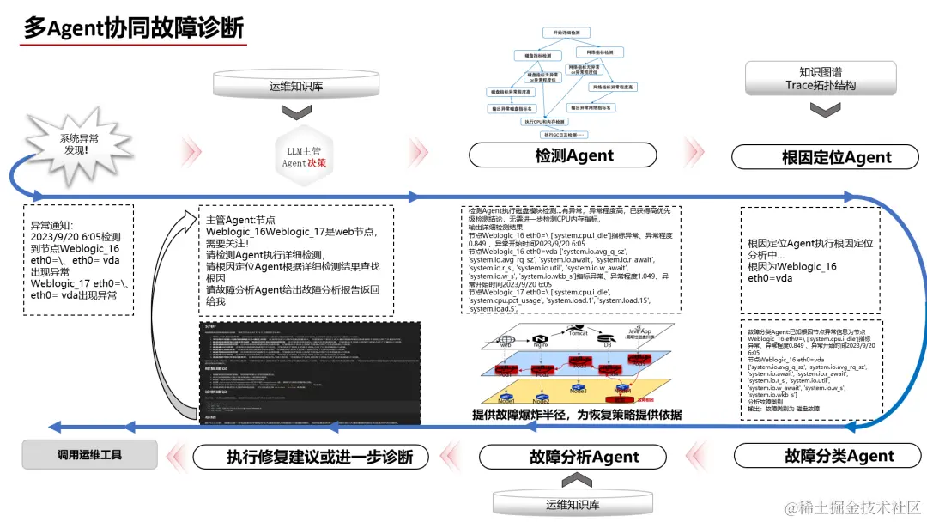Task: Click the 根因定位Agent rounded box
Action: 824,157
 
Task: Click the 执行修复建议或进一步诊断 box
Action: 319,457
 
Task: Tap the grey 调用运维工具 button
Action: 89,455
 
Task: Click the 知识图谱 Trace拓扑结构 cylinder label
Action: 820,79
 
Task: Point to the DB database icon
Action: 605,338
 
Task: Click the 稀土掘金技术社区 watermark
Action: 851,507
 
